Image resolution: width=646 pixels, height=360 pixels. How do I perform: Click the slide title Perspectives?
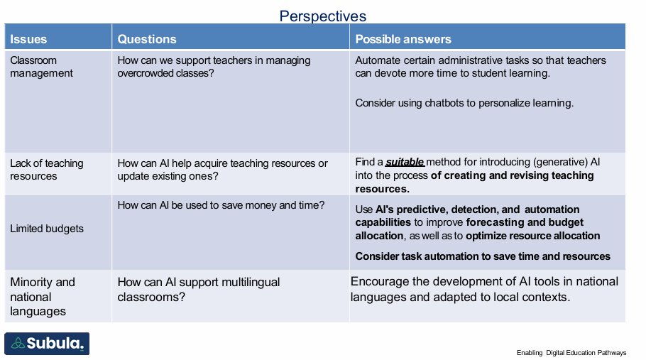tap(322, 15)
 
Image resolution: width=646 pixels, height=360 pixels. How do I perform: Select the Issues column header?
tap(29, 39)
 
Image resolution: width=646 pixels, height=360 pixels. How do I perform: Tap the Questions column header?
tap(147, 39)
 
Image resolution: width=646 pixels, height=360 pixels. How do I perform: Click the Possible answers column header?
tap(403, 39)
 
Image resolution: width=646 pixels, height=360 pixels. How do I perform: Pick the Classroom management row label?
tap(41, 67)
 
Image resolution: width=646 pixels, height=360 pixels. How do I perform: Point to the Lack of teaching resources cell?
tap(46, 170)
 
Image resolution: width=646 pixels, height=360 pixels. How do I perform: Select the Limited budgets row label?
tap(46, 229)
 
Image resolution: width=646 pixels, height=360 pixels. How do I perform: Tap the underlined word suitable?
tap(405, 163)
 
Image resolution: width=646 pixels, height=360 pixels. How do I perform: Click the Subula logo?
tap(47, 344)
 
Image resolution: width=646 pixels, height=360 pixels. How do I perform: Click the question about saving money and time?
tap(221, 205)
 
